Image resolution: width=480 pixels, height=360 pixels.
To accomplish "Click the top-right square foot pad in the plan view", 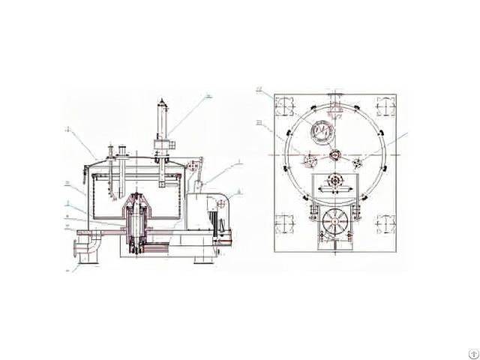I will coord(385,107).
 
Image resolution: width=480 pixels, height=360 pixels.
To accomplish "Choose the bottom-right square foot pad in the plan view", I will coord(385,223).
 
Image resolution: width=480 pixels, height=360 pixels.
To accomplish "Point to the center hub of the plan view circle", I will coord(335,156).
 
